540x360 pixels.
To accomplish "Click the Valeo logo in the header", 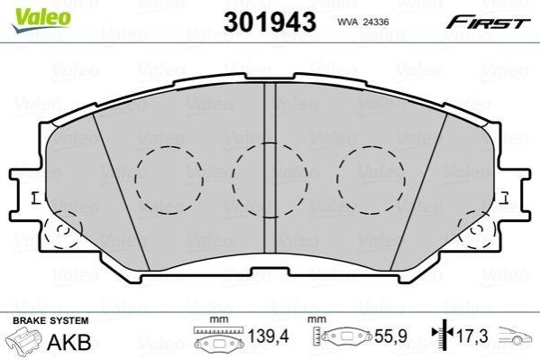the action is [41, 20].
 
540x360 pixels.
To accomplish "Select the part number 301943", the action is [270, 22].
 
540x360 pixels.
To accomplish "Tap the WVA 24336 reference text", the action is [363, 22].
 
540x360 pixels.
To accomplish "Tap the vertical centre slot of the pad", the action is [270, 169].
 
